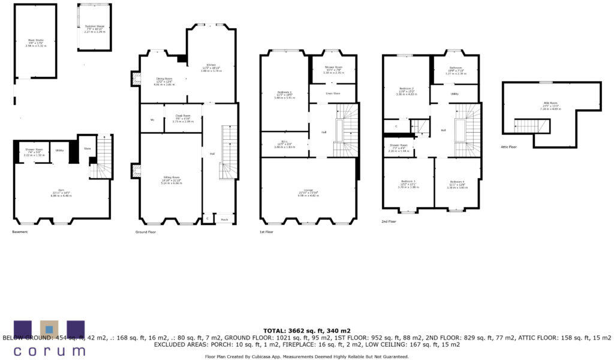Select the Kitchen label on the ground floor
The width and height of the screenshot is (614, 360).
pyautogui.click(x=210, y=65)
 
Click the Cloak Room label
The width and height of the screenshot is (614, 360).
pyautogui.click(x=182, y=115)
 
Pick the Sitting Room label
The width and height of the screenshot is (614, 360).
pyautogui.click(x=171, y=177)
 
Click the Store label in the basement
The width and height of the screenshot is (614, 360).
pyautogui.click(x=88, y=148)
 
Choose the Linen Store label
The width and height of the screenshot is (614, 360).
pyautogui.click(x=333, y=93)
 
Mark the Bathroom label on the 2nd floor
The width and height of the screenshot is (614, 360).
pyautogui.click(x=455, y=68)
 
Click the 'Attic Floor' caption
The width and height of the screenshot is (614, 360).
pyautogui.click(x=508, y=146)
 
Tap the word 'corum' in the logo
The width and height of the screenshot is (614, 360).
pyautogui.click(x=49, y=350)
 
